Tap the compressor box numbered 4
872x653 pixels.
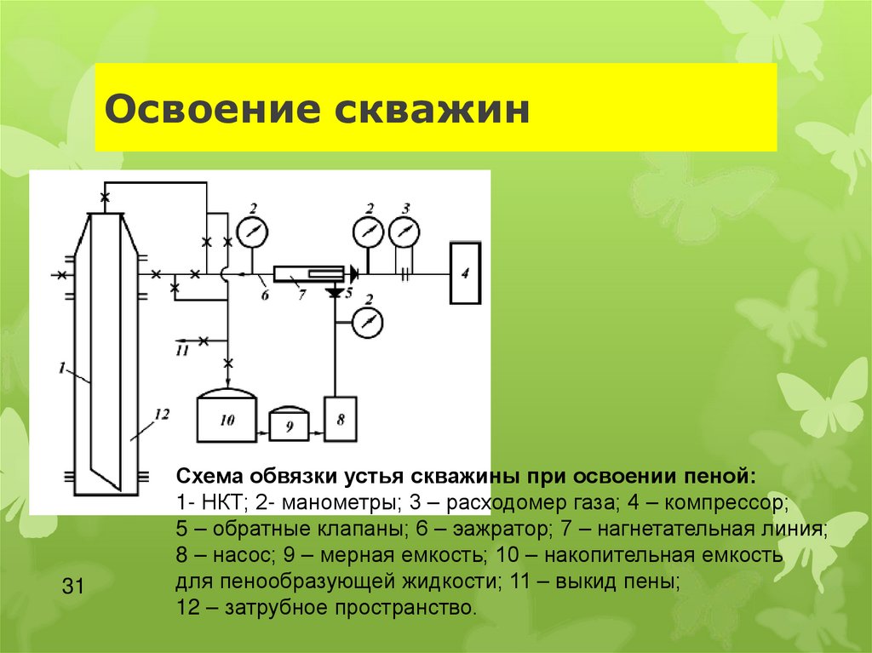pyautogui.click(x=465, y=273)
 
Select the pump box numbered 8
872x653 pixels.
pyautogui.click(x=341, y=419)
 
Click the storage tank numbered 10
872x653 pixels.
pyautogui.click(x=227, y=418)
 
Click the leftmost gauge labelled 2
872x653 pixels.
pyautogui.click(x=252, y=232)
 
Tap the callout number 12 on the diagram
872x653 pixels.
pyautogui.click(x=161, y=415)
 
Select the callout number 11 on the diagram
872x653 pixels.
pyautogui.click(x=181, y=350)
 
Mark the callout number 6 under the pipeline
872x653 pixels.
pyautogui.click(x=264, y=295)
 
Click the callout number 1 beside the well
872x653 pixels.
pyautogui.click(x=62, y=368)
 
